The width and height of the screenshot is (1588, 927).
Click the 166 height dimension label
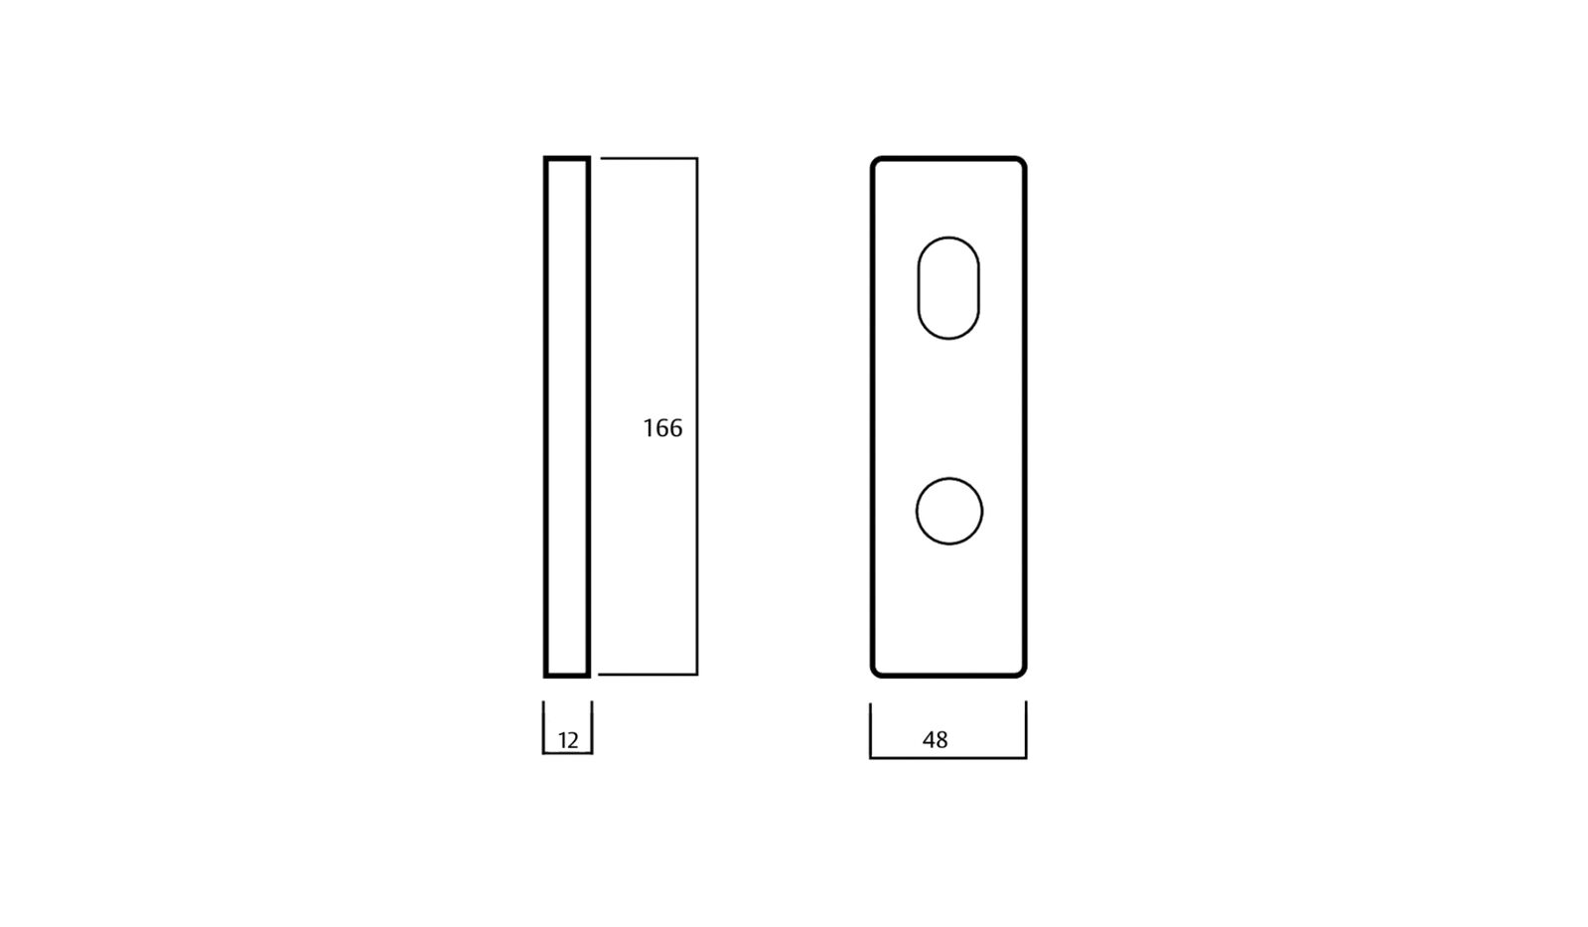(x=662, y=428)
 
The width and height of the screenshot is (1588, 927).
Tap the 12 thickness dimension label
(x=568, y=740)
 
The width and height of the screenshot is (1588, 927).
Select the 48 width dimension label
(x=935, y=740)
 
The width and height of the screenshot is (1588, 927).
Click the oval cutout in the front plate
(x=948, y=288)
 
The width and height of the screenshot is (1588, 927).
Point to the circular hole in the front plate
(x=948, y=512)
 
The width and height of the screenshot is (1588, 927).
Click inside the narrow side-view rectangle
(x=567, y=417)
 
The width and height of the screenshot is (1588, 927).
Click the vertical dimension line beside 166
(x=696, y=298)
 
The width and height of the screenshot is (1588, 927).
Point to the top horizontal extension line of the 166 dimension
(x=646, y=158)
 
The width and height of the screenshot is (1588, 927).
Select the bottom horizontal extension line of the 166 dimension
(x=646, y=675)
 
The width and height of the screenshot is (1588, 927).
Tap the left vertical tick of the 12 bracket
(x=543, y=725)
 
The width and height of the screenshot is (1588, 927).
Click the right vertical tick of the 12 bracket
(x=592, y=725)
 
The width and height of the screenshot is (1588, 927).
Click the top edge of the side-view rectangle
(x=567, y=158)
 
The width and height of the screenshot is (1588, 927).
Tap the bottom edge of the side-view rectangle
(x=567, y=676)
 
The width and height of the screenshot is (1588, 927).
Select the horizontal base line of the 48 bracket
(x=948, y=758)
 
